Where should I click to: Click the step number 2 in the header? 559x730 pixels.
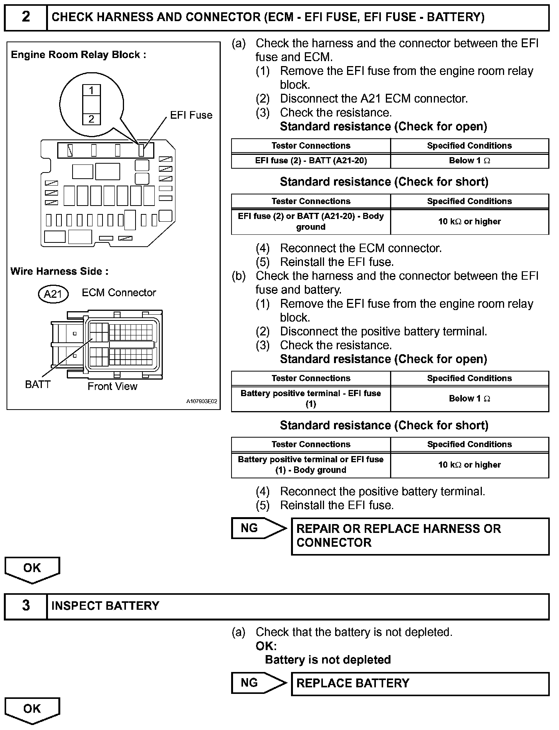point(26,17)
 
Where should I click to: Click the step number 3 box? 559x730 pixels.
point(26,606)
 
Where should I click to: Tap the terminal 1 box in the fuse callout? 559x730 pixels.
point(91,91)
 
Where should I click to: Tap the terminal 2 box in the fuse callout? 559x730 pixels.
point(91,119)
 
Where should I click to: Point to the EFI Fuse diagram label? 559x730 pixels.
point(191,115)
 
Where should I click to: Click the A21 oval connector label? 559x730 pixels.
point(53,294)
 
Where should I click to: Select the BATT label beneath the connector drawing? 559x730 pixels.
point(38,384)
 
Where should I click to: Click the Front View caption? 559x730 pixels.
point(112,386)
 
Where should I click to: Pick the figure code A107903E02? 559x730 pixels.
point(202,401)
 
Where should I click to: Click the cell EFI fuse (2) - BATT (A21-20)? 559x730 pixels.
point(311,161)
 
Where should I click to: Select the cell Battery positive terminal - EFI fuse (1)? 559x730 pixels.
point(311,398)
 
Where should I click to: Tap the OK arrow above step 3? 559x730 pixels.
point(32,569)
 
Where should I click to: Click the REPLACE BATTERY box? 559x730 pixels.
point(420,683)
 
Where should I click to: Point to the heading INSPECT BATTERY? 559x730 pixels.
point(105,606)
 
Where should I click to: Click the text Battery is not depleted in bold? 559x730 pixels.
point(327,660)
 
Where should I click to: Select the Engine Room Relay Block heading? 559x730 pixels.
point(78,55)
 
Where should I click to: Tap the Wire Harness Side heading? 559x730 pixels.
point(60,271)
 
